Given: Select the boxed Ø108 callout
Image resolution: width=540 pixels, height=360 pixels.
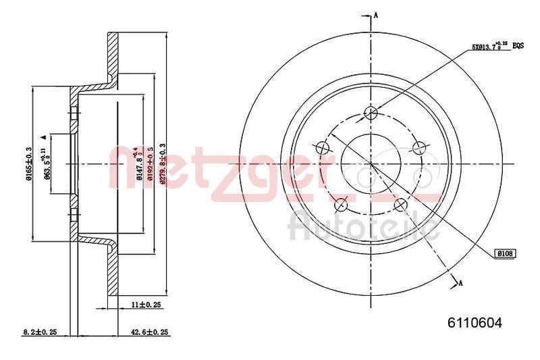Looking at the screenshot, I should click(x=506, y=253).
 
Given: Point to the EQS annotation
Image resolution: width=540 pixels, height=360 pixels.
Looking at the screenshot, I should click(x=518, y=46).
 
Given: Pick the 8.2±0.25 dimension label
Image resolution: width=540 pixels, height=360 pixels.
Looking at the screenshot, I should click(x=38, y=332).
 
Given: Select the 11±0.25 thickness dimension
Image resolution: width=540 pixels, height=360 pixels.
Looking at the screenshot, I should click(x=146, y=305).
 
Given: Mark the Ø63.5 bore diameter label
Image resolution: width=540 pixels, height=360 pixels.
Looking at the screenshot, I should click(x=48, y=165).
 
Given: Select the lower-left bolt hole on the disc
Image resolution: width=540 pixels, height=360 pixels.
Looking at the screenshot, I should click(x=340, y=203).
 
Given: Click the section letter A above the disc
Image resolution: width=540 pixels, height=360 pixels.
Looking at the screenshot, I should click(x=376, y=14).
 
